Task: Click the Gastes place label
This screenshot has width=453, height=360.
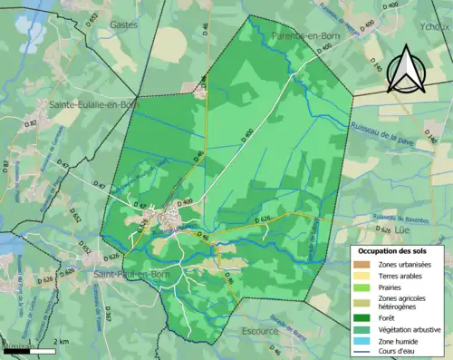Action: click(123, 25)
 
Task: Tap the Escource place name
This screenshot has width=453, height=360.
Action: click(262, 332)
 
